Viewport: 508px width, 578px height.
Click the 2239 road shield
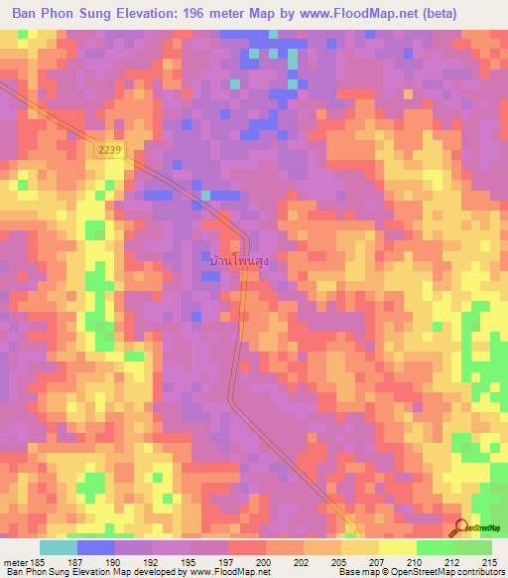pyautogui.click(x=110, y=148)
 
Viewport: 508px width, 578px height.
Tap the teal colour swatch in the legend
pyautogui.click(x=59, y=547)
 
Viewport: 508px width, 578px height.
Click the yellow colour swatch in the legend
pyautogui.click(x=397, y=547)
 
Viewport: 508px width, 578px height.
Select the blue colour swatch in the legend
pyautogui.click(x=96, y=547)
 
